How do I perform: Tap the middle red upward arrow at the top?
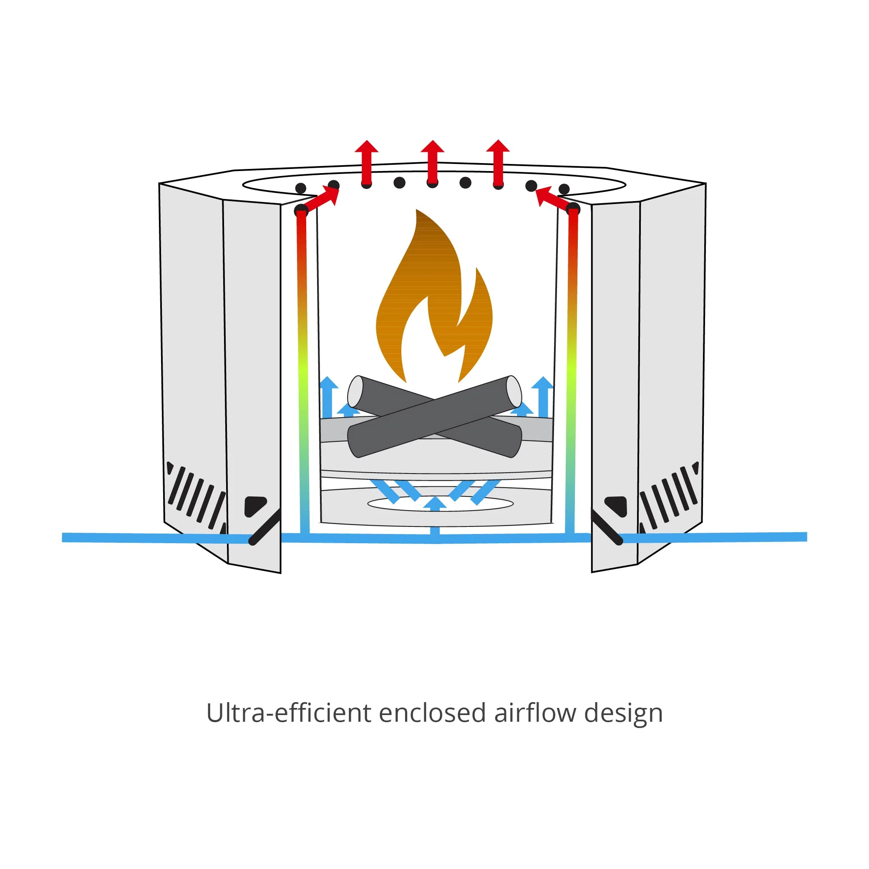point(432,163)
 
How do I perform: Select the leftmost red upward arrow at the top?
point(367,163)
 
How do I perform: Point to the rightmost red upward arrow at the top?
point(498,163)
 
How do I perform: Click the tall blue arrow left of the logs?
point(328,397)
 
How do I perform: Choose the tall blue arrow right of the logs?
point(542,397)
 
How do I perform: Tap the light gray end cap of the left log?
point(355,392)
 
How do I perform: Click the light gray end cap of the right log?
point(514,390)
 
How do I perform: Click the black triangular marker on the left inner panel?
point(255,506)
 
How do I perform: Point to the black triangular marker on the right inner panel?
point(616,506)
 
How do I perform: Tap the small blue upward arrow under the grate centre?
point(435,504)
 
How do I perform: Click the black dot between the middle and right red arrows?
point(466,183)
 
